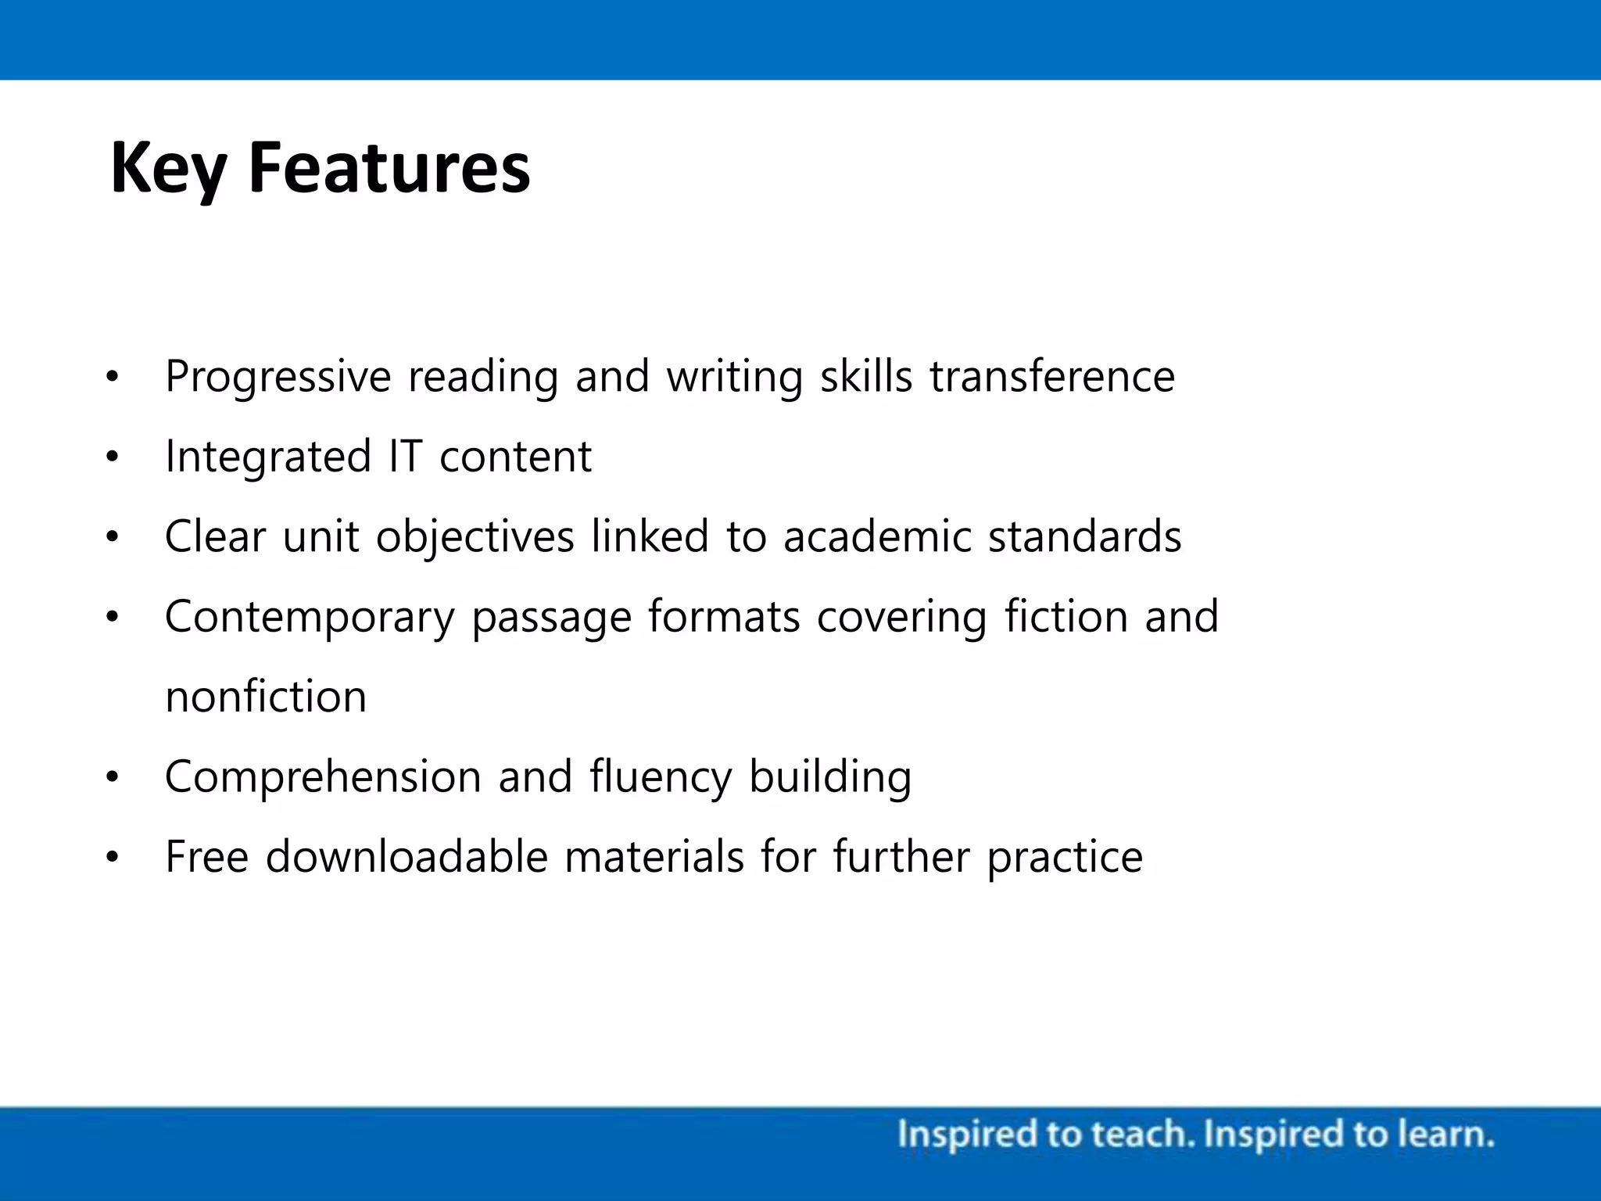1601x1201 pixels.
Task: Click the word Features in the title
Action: click(389, 168)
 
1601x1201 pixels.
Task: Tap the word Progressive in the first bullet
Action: click(278, 377)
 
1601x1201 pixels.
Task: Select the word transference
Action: click(1051, 377)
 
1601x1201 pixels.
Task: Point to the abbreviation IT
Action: click(406, 457)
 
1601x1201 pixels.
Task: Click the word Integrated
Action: click(268, 457)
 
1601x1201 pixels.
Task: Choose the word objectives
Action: click(475, 538)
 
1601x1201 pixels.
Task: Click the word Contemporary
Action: click(310, 618)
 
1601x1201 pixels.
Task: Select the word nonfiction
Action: click(266, 697)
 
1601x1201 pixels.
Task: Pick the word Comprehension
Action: click(323, 777)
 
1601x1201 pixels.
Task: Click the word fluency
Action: click(661, 777)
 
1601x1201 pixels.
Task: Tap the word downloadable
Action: click(407, 857)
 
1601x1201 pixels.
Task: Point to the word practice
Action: click(1065, 858)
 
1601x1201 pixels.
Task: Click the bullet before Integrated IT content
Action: click(113, 457)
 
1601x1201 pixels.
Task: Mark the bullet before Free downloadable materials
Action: click(113, 858)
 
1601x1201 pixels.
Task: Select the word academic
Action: click(877, 537)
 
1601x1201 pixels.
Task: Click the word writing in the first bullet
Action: click(735, 377)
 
